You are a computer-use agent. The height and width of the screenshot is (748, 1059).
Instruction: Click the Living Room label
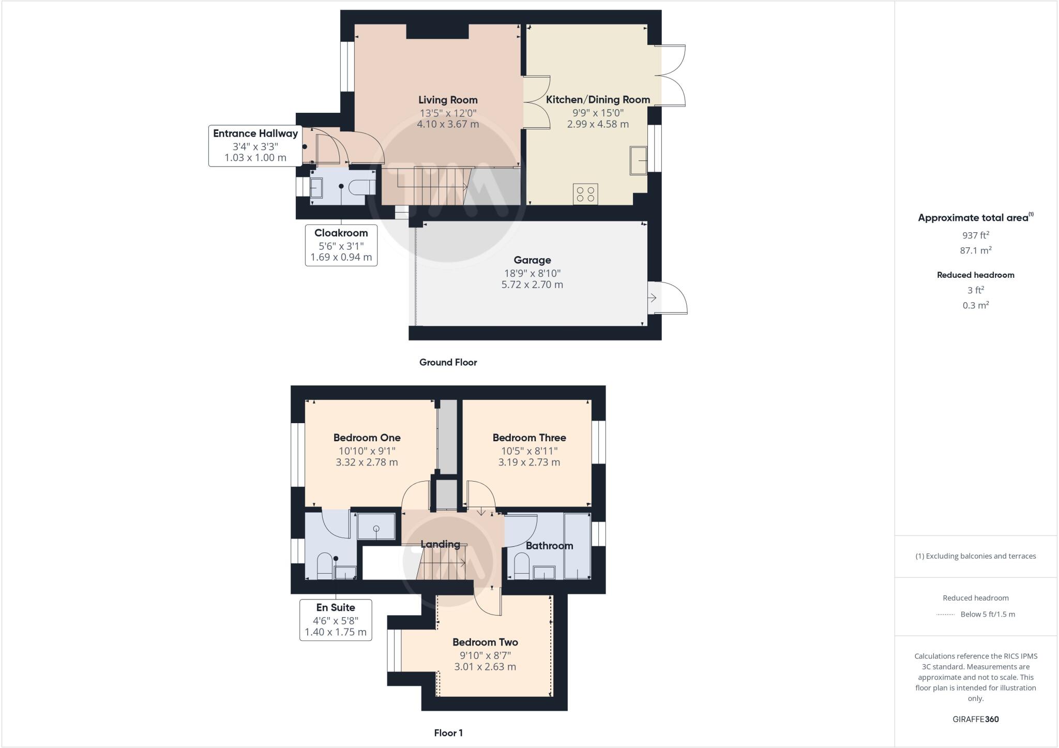coord(448,100)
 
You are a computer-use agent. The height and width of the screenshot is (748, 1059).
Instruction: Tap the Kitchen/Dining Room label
coord(598,100)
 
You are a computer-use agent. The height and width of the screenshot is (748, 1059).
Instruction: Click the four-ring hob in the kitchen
coord(585,194)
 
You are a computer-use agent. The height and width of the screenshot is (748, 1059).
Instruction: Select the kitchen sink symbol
coord(639,160)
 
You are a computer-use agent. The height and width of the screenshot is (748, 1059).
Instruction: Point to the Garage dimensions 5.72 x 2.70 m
coord(532,285)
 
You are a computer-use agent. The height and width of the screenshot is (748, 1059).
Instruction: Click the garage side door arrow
coord(653,298)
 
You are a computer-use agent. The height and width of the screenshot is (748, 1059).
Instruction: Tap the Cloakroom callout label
coord(341,233)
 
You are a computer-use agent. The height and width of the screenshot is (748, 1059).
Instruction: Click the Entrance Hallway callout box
coord(255,145)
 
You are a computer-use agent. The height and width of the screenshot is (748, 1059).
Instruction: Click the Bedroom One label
coord(367,438)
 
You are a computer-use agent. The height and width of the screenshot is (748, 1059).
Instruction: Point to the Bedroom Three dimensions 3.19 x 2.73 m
coord(529,462)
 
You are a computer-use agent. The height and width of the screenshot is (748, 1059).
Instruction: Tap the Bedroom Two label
coord(485,642)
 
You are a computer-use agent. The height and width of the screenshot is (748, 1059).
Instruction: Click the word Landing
coord(440,544)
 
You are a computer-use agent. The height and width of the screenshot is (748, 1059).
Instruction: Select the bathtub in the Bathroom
coord(577,546)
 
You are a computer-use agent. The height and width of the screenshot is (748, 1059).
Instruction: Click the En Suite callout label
coord(336,608)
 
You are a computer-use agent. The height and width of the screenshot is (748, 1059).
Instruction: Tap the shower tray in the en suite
coord(376,527)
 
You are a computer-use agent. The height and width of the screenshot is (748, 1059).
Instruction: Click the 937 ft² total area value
coord(975,235)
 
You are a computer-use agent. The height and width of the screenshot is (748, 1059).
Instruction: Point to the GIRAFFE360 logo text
coord(975,719)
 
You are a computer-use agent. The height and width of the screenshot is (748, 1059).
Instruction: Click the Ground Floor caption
coord(448,363)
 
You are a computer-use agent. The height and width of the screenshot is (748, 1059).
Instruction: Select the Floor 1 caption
coord(448,733)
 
